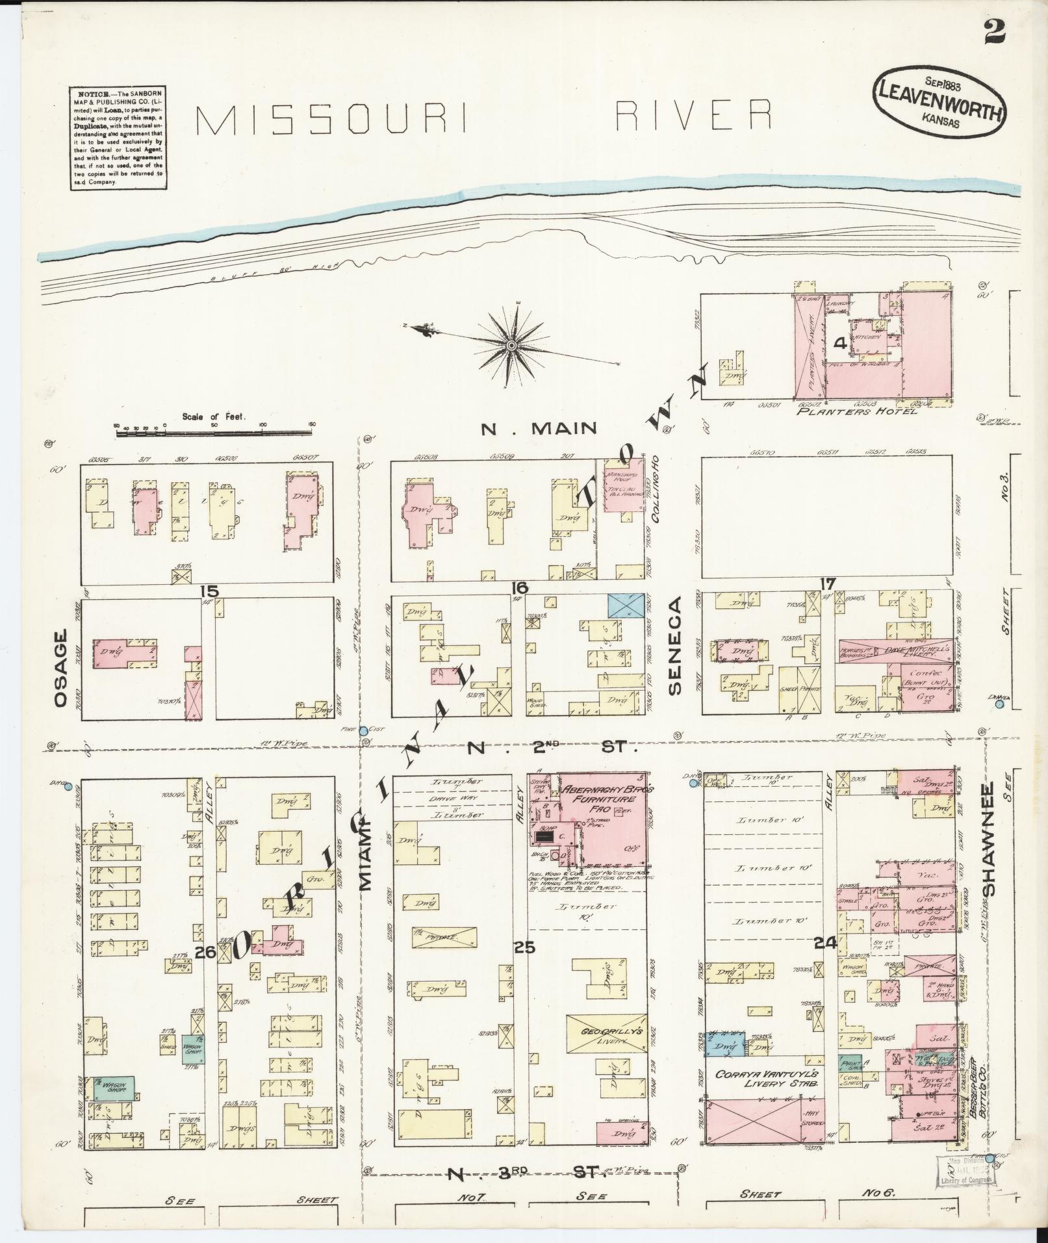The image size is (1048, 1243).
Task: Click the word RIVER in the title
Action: click(x=693, y=116)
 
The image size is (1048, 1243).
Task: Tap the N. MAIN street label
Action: click(x=539, y=428)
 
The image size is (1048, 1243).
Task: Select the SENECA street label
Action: click(x=674, y=646)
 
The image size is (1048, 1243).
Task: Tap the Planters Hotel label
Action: click(x=858, y=411)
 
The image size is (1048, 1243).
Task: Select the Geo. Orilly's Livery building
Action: click(x=606, y=1035)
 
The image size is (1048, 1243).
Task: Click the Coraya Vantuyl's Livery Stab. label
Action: click(x=764, y=1079)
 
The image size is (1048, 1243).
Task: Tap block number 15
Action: click(x=209, y=591)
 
